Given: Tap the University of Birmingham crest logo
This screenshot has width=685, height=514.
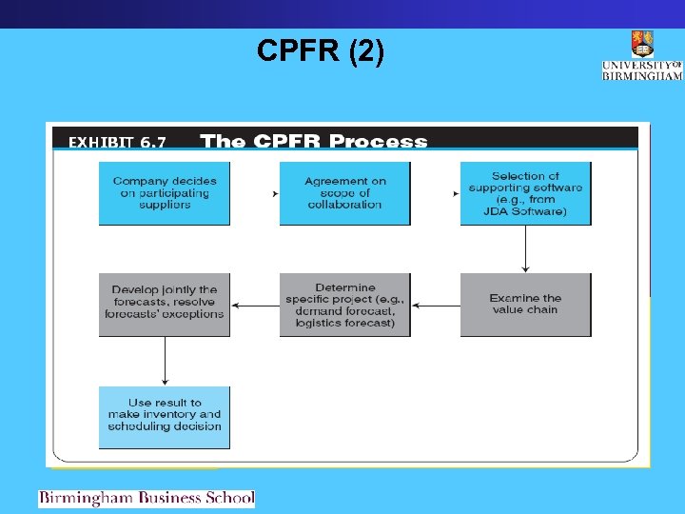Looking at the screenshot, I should tap(642, 44).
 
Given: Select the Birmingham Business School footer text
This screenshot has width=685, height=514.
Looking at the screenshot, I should tap(147, 498).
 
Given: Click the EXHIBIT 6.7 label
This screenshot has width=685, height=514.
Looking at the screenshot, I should tap(117, 143).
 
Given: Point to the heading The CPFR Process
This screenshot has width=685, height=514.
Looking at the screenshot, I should tap(314, 142).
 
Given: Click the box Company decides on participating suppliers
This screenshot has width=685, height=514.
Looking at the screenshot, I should tap(165, 193).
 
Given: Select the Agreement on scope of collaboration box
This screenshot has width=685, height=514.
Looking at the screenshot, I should tap(344, 193).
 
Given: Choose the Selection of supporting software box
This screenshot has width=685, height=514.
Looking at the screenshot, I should tap(525, 193).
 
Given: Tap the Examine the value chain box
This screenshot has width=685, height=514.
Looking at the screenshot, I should tap(525, 305).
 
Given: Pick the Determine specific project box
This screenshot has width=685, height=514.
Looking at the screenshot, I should tap(344, 305).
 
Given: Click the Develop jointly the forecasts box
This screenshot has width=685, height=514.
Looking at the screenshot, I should tap(165, 305).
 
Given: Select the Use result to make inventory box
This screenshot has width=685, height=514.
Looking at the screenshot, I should tap(165, 416).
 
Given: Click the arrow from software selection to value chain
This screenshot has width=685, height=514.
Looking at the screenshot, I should tap(525, 248).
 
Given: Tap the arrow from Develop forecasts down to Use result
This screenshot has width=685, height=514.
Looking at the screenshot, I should tap(165, 361).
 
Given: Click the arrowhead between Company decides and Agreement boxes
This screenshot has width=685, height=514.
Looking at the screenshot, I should tap(275, 193).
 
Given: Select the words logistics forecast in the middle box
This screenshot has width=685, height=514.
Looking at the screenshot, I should tap(344, 324).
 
